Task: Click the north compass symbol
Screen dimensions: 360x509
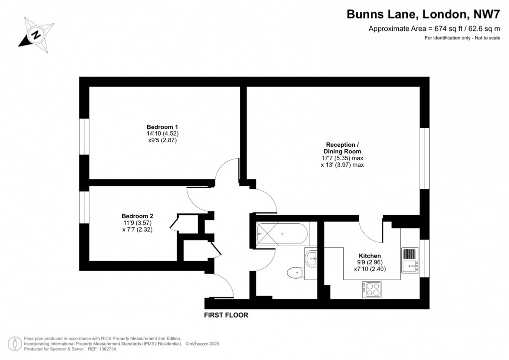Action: coord(35,34)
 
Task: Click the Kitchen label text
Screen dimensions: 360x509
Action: coord(370,256)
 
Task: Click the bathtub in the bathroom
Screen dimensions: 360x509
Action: coord(282,233)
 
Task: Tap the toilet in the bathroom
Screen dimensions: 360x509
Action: coord(294,273)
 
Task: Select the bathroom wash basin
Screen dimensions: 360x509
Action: coord(310,258)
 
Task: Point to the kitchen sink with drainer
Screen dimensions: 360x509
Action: coord(410,260)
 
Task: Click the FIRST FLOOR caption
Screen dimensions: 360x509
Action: coord(226,315)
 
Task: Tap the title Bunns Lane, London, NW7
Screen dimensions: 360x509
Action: coord(423,14)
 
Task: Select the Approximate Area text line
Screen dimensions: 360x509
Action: coord(434,29)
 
